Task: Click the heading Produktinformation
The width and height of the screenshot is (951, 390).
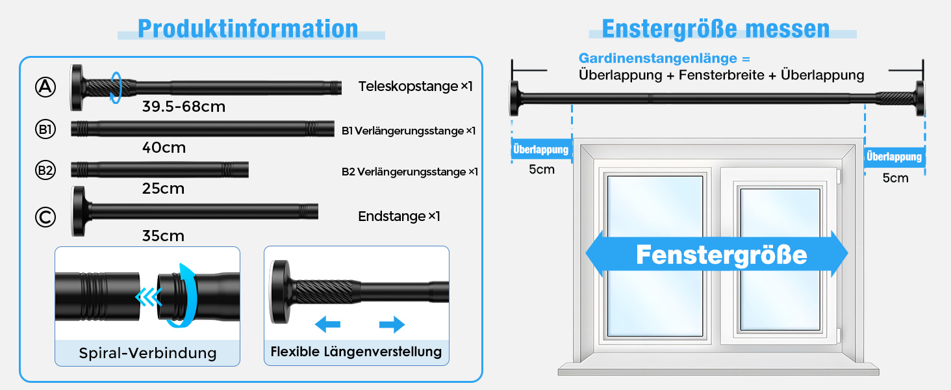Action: click(x=247, y=29)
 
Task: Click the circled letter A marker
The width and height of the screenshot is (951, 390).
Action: click(x=45, y=87)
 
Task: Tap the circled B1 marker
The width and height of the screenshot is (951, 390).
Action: click(x=45, y=130)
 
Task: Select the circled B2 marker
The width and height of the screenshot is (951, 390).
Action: click(x=45, y=171)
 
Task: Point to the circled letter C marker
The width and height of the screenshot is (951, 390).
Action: click(x=45, y=217)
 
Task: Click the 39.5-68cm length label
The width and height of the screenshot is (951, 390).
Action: click(x=184, y=107)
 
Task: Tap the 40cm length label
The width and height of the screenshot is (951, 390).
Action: click(x=164, y=148)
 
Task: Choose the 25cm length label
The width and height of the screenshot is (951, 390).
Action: click(x=163, y=188)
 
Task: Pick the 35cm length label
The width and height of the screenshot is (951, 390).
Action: click(x=163, y=235)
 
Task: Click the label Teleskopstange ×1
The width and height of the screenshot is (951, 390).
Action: click(x=416, y=86)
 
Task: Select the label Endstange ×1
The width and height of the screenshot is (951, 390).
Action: click(x=399, y=216)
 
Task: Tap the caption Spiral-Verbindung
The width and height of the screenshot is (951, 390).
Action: click(x=147, y=353)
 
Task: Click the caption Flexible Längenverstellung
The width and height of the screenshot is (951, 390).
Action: click(x=356, y=352)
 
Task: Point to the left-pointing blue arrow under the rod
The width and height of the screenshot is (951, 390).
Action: click(x=327, y=324)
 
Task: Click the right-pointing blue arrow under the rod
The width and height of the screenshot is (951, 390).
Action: click(x=392, y=324)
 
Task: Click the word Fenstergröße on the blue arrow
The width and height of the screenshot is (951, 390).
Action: click(x=721, y=254)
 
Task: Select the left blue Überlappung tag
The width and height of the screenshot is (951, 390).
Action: click(x=540, y=149)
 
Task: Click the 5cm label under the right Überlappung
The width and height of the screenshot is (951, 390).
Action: click(x=895, y=177)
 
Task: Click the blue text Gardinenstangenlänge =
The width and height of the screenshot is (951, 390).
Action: click(x=665, y=58)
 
